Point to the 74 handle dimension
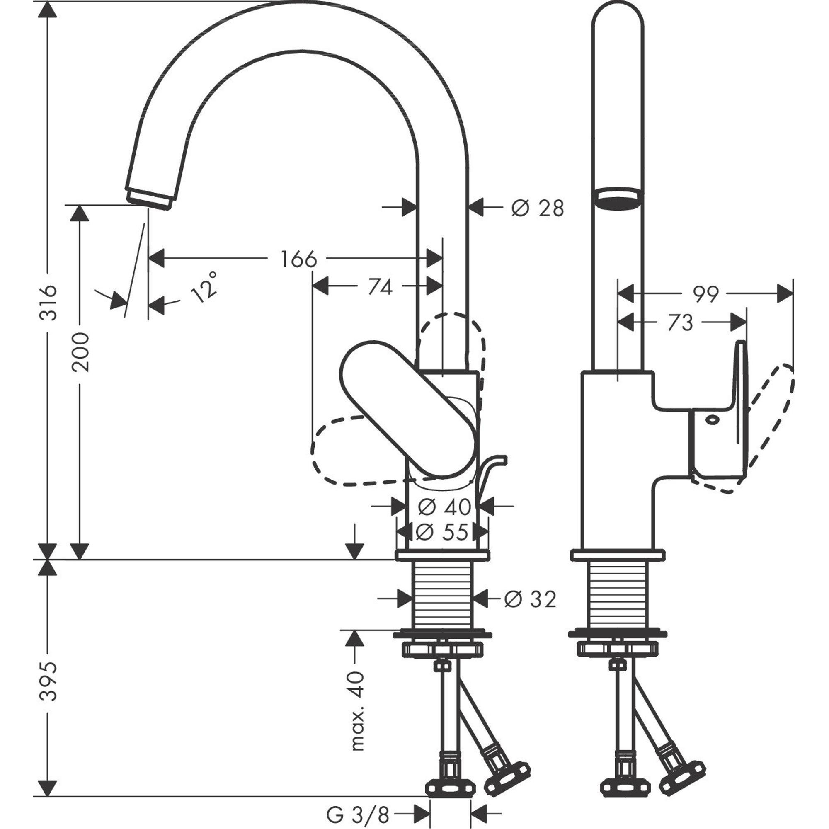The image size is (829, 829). pyautogui.click(x=380, y=287)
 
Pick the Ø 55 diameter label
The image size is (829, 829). pyautogui.click(x=442, y=533)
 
